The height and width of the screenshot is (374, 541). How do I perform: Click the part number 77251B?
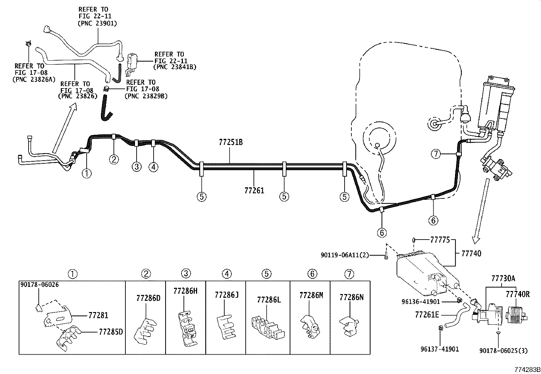coord(231,142)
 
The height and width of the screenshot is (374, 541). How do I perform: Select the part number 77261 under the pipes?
coord(254,190)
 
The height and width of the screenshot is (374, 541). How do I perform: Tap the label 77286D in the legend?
coord(148,298)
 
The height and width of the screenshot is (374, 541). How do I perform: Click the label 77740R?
coord(518,294)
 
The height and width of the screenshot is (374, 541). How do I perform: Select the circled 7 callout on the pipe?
coord(436,154)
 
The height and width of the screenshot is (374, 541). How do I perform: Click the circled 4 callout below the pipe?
coord(153,167)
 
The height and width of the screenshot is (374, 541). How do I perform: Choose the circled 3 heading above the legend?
coord(186,274)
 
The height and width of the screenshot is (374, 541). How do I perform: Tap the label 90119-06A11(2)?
coord(345,255)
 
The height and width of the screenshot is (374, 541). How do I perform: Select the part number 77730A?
coord(503,279)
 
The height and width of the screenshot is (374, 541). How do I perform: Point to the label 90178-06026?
coord(39,284)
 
